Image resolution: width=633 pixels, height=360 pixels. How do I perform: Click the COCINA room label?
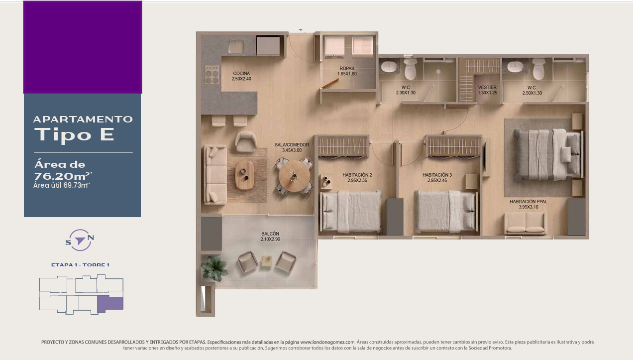241,73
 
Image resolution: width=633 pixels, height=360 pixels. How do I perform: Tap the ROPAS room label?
347,68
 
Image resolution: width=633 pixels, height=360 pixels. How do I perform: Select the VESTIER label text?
487,87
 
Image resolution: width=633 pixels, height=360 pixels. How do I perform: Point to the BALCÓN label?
270,234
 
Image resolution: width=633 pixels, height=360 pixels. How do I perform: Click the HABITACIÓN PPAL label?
528,202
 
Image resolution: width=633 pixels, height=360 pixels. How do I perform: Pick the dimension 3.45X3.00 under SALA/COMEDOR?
292,150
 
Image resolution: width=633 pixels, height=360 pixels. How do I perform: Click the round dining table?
294,176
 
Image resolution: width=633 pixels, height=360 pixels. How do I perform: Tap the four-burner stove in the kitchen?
212,75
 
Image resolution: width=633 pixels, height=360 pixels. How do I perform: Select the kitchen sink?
236,46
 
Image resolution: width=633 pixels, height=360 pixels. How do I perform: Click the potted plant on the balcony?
214,268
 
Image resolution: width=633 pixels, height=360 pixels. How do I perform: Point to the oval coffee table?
244,175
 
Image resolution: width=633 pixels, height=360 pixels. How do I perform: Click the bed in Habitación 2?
351,212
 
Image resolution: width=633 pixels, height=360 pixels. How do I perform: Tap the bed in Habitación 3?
446,212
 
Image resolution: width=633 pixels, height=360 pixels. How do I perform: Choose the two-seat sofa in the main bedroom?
526,224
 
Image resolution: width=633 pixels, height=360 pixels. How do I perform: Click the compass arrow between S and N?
80,240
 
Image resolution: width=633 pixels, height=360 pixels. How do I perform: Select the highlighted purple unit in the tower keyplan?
110,304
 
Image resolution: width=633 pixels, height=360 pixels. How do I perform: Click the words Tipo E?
74,134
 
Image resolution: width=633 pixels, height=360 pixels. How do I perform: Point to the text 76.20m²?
63,176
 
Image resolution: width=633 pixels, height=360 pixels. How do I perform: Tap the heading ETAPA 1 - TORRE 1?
80,265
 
